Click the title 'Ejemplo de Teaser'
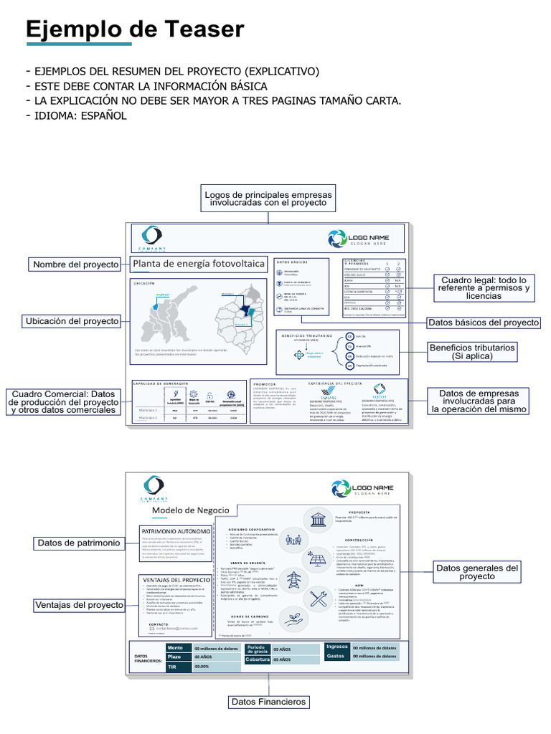coord(135,29)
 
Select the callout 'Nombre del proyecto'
coord(76,264)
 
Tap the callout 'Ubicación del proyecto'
coord(72,321)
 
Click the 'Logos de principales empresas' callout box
coord(268,199)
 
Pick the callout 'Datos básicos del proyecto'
coord(483,323)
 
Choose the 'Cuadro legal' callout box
coord(484,288)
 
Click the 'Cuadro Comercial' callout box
coord(63,402)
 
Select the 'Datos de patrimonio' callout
coord(79,543)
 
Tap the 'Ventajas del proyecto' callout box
coord(80,606)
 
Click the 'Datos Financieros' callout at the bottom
coord(268,702)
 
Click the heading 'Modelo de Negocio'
coord(190,510)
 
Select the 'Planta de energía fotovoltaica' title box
coord(199,264)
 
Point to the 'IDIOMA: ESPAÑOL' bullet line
coord(77,115)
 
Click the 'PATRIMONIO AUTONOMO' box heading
coord(176,531)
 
